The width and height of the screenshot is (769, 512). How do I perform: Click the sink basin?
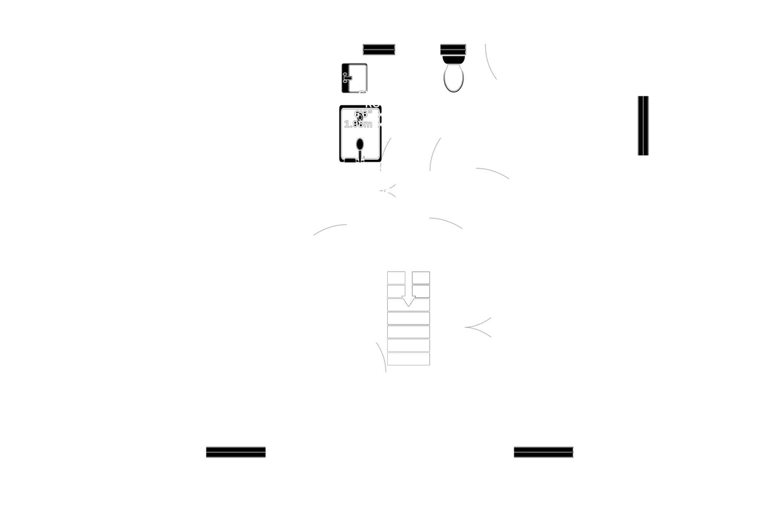[x=357, y=78]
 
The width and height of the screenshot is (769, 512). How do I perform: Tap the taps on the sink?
[x=347, y=78]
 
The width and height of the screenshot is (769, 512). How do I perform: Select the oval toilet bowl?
[x=453, y=78]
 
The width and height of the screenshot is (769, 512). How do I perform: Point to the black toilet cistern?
[x=453, y=59]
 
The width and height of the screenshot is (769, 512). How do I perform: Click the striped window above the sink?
[x=379, y=49]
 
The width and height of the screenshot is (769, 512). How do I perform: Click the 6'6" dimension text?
[x=363, y=114]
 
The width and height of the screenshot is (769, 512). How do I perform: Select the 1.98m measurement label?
[x=358, y=124]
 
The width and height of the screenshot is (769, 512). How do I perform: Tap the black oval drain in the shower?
[x=360, y=144]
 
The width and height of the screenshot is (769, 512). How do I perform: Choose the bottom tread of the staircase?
[x=408, y=359]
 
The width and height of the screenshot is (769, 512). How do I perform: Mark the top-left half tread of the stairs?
[x=396, y=278]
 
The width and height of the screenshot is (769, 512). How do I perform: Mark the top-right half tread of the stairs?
[x=421, y=278]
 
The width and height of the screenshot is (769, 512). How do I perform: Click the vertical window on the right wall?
[x=643, y=125]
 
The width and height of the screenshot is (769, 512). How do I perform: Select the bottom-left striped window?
[x=236, y=452]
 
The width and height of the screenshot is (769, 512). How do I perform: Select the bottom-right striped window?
[x=544, y=452]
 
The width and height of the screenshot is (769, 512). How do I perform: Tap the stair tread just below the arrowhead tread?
[x=408, y=319]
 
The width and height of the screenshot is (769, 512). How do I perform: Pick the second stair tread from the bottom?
[x=408, y=345]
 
